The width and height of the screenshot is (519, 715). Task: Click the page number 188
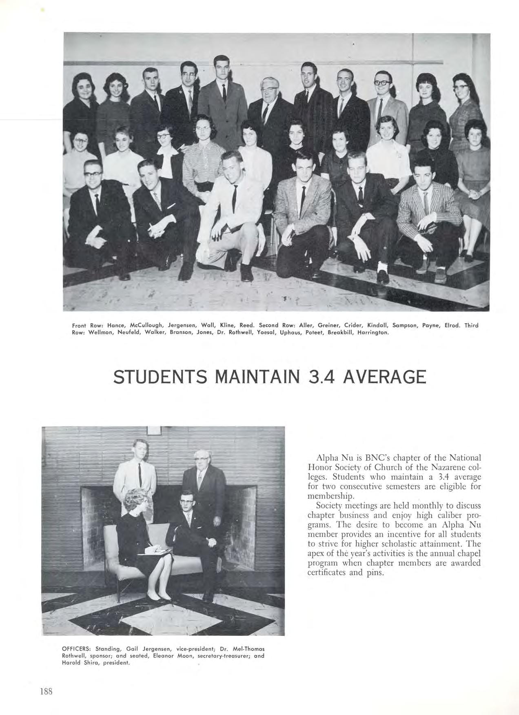click(47, 691)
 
